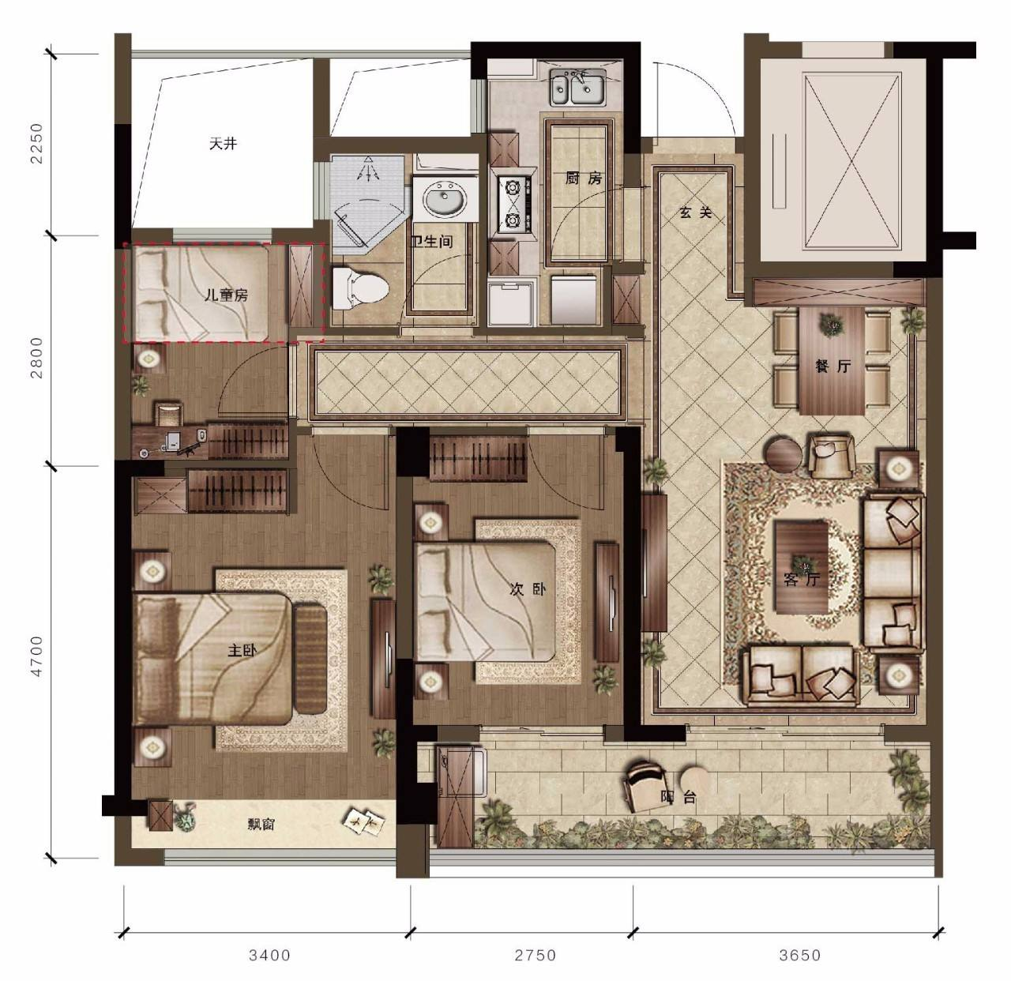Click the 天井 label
(223, 144)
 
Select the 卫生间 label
(431, 242)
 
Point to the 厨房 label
(584, 179)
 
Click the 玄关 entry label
(695, 212)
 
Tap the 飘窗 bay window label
(261, 825)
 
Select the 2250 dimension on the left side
(36, 143)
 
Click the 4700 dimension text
(36, 656)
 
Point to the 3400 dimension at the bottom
(269, 955)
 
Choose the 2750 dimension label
(535, 955)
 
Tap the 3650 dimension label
(800, 955)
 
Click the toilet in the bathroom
(359, 286)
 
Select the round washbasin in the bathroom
(444, 198)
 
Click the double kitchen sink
(577, 88)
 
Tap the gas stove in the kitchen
(514, 205)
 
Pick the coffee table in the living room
(802, 567)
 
